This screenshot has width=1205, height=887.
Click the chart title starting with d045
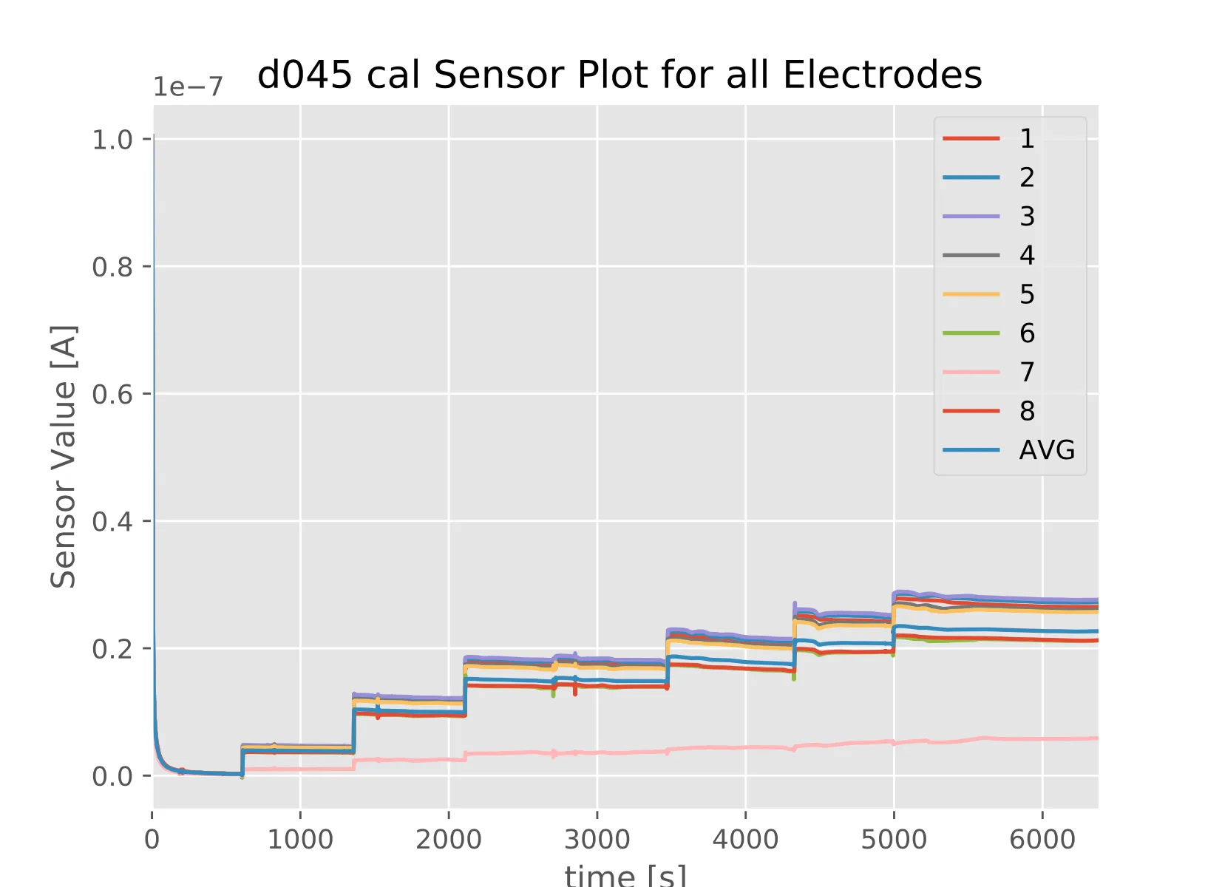coord(620,75)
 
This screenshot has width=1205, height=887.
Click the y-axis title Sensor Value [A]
coord(64,456)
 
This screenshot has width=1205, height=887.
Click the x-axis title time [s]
coord(625,875)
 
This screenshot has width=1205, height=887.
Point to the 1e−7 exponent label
coord(188,87)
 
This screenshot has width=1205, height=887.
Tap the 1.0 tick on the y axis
coord(112,139)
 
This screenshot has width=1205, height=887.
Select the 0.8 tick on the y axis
coord(112,267)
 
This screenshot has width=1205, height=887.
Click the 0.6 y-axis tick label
coord(112,394)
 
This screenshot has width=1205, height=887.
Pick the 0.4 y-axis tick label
coord(112,522)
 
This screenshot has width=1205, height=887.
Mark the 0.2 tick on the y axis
coord(112,649)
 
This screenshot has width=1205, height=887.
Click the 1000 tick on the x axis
coord(300,840)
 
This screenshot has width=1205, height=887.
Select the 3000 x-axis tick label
coord(597,840)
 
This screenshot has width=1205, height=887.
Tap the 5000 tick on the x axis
coord(894,840)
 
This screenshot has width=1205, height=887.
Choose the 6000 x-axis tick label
coord(1042,840)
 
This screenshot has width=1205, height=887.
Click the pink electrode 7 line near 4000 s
coord(745,747)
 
